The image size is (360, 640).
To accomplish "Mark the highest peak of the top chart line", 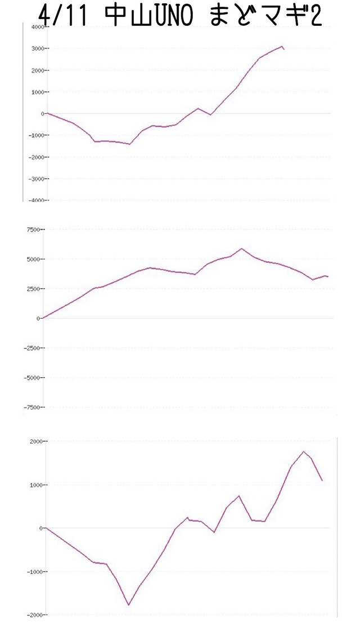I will pos(282,47).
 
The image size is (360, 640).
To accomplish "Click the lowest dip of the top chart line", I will pos(130,144).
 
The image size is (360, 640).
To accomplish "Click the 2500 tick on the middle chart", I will pos(31,289).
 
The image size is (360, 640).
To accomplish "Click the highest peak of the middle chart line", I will pos(242,248).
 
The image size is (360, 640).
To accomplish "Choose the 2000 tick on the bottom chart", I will pos(35,441).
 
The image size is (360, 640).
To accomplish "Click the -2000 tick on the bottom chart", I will pos(34,615).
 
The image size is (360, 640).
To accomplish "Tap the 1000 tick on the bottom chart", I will pos(35,485).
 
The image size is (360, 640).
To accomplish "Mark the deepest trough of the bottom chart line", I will pos(129,605).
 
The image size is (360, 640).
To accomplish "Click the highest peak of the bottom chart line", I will pos(304,451).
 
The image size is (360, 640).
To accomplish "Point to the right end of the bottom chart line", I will pos(322,481).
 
